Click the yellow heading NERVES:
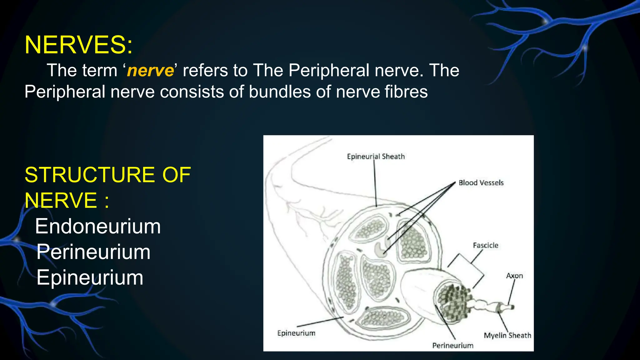coord(78,45)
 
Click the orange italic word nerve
coord(150,70)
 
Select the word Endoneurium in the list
coord(98,226)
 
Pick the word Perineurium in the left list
coord(93,252)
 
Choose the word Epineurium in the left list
coord(90,277)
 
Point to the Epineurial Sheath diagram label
coord(376,157)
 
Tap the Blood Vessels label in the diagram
coord(481,183)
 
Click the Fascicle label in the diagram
coord(485,246)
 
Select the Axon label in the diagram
coord(514,276)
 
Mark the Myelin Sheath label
coord(507,335)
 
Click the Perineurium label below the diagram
coord(452,345)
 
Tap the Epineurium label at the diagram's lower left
coord(296,333)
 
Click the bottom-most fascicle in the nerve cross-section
coord(383,318)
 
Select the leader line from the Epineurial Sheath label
coord(375,184)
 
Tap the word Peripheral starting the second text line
coord(65,92)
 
